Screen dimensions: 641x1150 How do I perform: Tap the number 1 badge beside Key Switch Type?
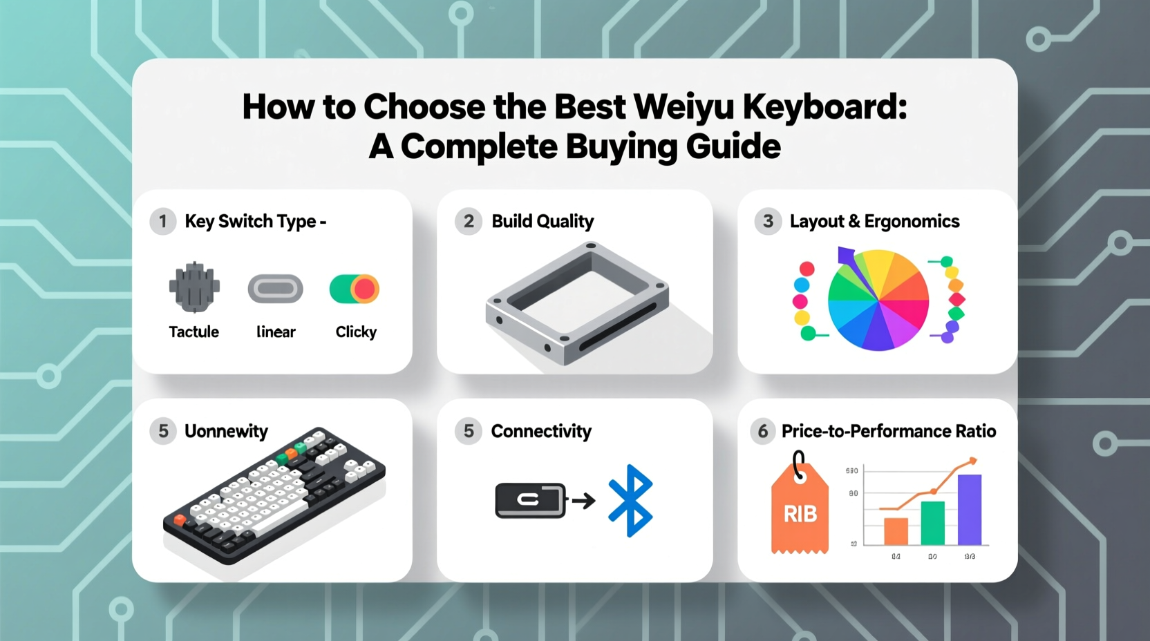163,222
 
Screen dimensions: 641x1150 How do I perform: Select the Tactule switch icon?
194,287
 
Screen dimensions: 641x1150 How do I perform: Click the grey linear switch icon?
275,289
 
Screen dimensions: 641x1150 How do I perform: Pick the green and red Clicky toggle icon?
355,289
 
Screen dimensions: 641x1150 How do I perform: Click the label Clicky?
356,332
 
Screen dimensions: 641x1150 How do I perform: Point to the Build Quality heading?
543,222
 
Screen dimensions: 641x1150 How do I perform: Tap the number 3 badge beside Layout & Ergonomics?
768,222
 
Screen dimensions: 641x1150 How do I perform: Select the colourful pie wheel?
878,300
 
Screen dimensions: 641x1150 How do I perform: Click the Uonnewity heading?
226,432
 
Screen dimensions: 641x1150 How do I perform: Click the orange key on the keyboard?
180,519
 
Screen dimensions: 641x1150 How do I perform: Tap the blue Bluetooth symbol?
630,501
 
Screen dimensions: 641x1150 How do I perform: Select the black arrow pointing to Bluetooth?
584,500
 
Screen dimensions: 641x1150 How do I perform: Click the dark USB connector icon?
530,500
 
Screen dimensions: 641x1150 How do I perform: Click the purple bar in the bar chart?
970,509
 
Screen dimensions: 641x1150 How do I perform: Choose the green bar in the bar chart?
933,523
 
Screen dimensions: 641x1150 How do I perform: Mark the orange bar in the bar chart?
896,531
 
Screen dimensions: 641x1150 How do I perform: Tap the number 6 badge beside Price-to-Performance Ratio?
763,432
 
